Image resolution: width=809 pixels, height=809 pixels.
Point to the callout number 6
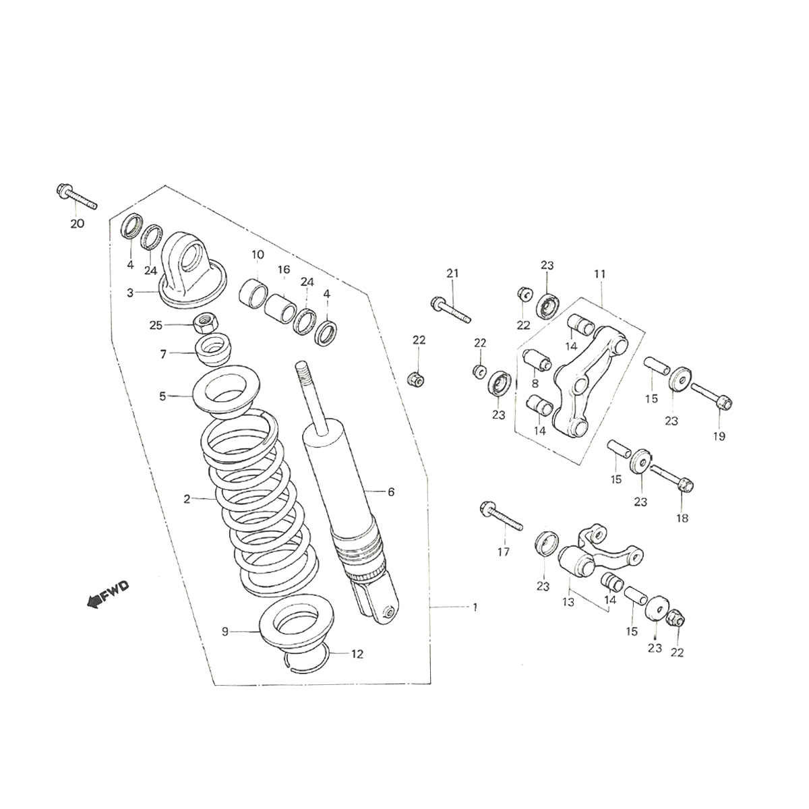391,492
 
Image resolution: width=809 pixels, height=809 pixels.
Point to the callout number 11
600,274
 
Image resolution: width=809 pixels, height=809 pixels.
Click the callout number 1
475,607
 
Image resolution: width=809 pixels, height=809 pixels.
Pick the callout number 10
258,255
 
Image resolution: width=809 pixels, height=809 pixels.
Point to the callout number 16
284,270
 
